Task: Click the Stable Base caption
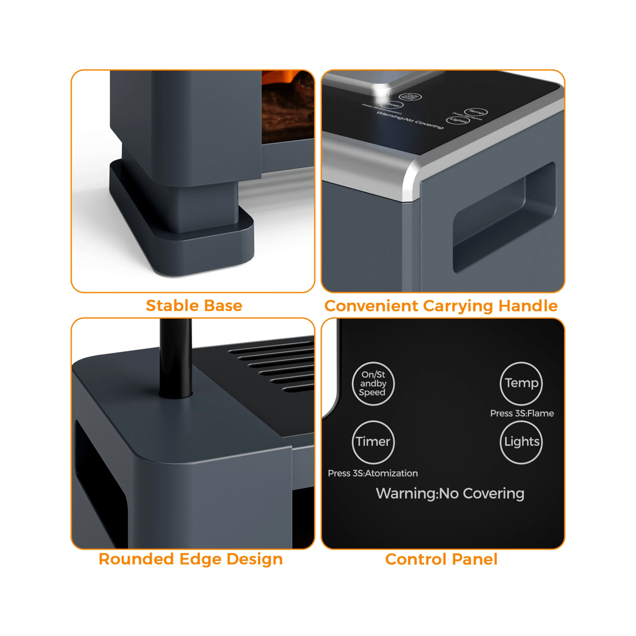click(x=194, y=305)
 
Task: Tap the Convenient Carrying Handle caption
click(x=441, y=306)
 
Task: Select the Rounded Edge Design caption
click(x=190, y=559)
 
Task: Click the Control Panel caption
click(x=441, y=559)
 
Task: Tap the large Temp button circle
click(x=521, y=383)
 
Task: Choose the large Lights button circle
click(x=521, y=442)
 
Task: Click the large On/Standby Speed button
click(x=373, y=384)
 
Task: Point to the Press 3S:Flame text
click(x=522, y=413)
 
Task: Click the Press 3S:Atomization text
click(x=373, y=473)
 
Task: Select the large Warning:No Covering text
click(x=450, y=494)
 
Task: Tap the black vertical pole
click(x=176, y=358)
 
